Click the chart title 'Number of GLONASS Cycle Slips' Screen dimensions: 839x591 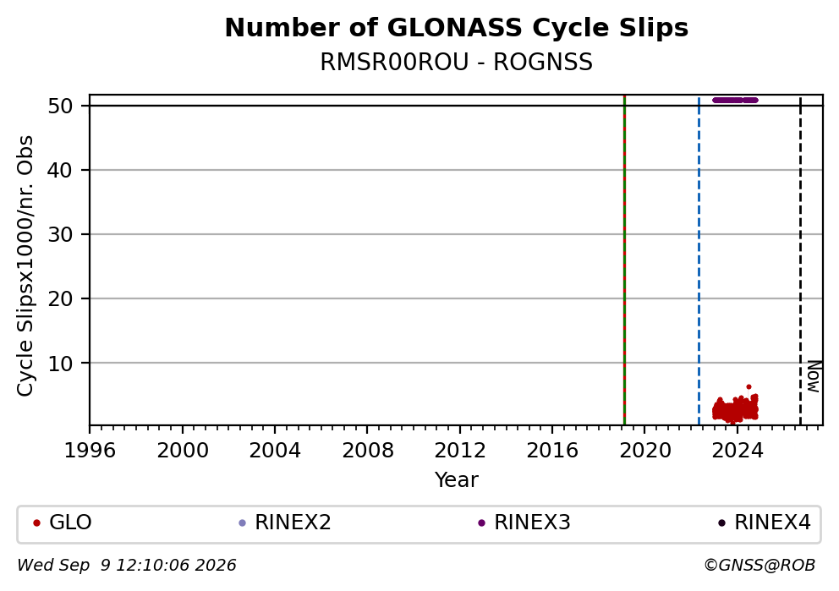coord(457,28)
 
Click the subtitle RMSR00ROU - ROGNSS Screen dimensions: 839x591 coord(457,62)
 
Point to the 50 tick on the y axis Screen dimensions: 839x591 coord(60,106)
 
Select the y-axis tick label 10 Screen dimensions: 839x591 coord(60,364)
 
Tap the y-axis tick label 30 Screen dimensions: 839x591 coord(60,234)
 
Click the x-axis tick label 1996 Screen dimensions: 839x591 coord(90,451)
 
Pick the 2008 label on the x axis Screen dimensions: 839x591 coord(368,451)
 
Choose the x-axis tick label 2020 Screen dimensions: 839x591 coord(644,451)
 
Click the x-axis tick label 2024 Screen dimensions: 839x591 coord(738,451)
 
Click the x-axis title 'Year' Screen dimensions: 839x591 coord(457,479)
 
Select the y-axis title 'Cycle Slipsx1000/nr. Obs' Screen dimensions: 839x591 coord(25,265)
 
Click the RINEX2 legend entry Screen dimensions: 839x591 coord(285,523)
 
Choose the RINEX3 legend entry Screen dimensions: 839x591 coord(524,523)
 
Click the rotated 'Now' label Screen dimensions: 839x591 coord(814,376)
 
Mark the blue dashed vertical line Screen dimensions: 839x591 coord(699,261)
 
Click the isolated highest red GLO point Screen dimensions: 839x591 coord(749,386)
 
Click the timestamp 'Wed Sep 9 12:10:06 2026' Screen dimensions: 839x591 coord(127,566)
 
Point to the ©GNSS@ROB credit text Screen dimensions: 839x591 coord(759,566)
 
